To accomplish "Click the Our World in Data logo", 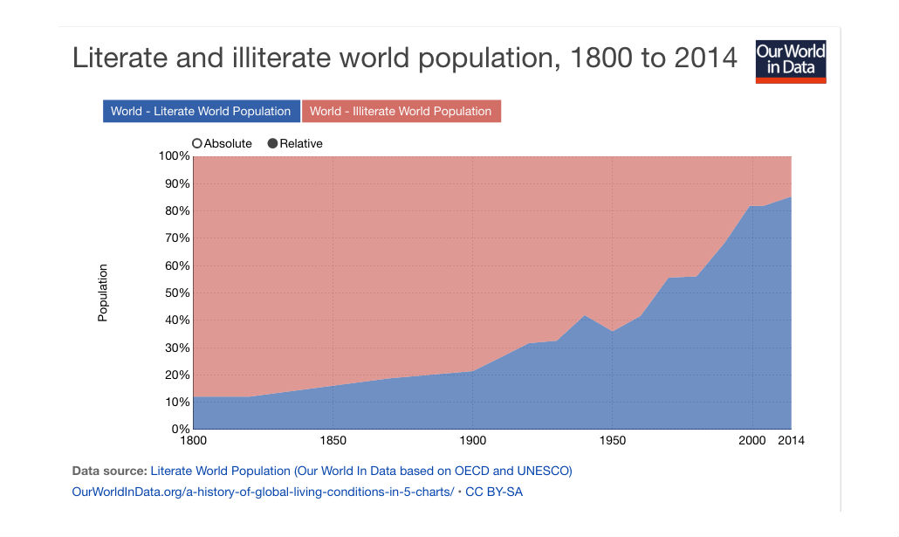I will pyautogui.click(x=790, y=62).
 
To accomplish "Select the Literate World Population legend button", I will pyautogui.click(x=201, y=111).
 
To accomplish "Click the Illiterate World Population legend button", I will pyautogui.click(x=401, y=111).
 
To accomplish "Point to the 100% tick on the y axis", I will pyautogui.click(x=173, y=156).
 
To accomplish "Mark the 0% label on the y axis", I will pyautogui.click(x=180, y=430).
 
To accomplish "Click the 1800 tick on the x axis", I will pyautogui.click(x=193, y=441).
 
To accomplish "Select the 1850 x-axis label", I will pyautogui.click(x=332, y=441).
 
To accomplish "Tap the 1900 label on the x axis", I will pyautogui.click(x=472, y=441).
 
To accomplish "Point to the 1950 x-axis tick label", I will pyautogui.click(x=612, y=441).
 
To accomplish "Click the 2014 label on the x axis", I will pyautogui.click(x=791, y=441).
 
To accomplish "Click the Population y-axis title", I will pyautogui.click(x=103, y=293).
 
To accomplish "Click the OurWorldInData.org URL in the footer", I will pyautogui.click(x=263, y=492).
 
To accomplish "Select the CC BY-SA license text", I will pyautogui.click(x=494, y=492).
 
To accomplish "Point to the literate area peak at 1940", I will pyautogui.click(x=584, y=315).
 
